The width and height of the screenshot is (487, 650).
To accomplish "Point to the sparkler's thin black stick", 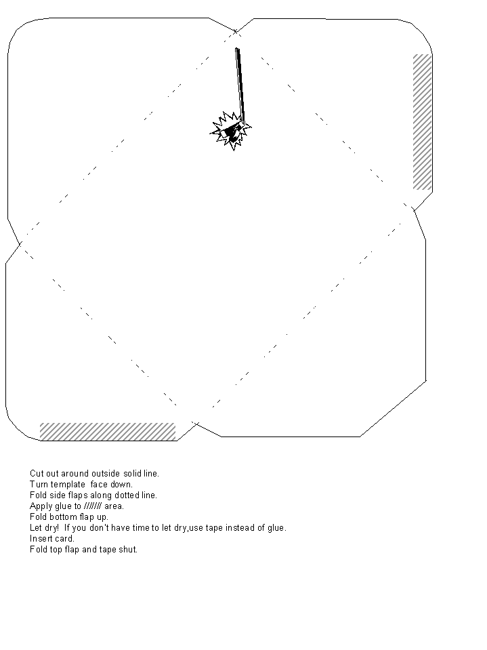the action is coord(240,85).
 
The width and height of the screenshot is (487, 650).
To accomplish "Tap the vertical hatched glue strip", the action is coord(422,122).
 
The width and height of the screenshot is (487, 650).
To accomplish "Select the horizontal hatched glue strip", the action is coord(108,432).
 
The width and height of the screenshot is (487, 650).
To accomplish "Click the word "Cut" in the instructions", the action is coord(37,473).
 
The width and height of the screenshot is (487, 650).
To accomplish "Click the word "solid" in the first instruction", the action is coord(133,473).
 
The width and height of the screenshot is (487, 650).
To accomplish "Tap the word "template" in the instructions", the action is coord(68,484).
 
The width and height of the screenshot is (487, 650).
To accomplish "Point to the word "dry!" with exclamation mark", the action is coord(51,528).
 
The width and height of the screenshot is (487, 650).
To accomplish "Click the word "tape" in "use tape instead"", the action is coord(214,528).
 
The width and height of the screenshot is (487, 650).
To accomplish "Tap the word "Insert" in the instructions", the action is coord(39,538).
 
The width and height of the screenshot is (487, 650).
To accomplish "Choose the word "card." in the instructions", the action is coord(63,538).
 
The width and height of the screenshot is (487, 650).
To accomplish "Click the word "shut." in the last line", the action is coord(128,549).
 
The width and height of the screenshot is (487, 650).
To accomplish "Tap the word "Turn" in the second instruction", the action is coord(39,484).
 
